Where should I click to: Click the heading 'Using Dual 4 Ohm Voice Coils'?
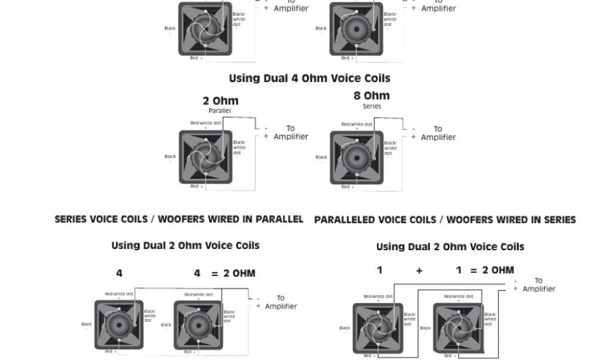tap(309, 79)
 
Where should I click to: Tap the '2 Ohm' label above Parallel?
tap(220, 101)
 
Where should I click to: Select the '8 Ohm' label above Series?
tap(372, 96)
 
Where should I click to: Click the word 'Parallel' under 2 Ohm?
tap(220, 111)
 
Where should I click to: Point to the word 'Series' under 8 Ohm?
tap(372, 106)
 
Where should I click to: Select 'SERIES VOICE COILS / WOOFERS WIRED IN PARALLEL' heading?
tap(179, 220)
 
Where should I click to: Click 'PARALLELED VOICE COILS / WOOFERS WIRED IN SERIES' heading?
tap(445, 220)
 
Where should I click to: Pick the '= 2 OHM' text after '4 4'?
tap(233, 274)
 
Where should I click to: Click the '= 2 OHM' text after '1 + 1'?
tap(492, 271)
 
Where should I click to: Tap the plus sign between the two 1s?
tap(419, 271)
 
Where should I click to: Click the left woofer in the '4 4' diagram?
tap(119, 325)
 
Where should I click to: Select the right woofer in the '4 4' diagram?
tap(198, 325)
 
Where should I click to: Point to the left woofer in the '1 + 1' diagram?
tap(378, 328)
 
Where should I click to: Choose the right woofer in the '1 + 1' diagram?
tap(458, 328)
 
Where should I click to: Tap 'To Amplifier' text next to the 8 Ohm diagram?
tap(438, 133)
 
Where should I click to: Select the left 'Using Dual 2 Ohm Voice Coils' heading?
tap(185, 246)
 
